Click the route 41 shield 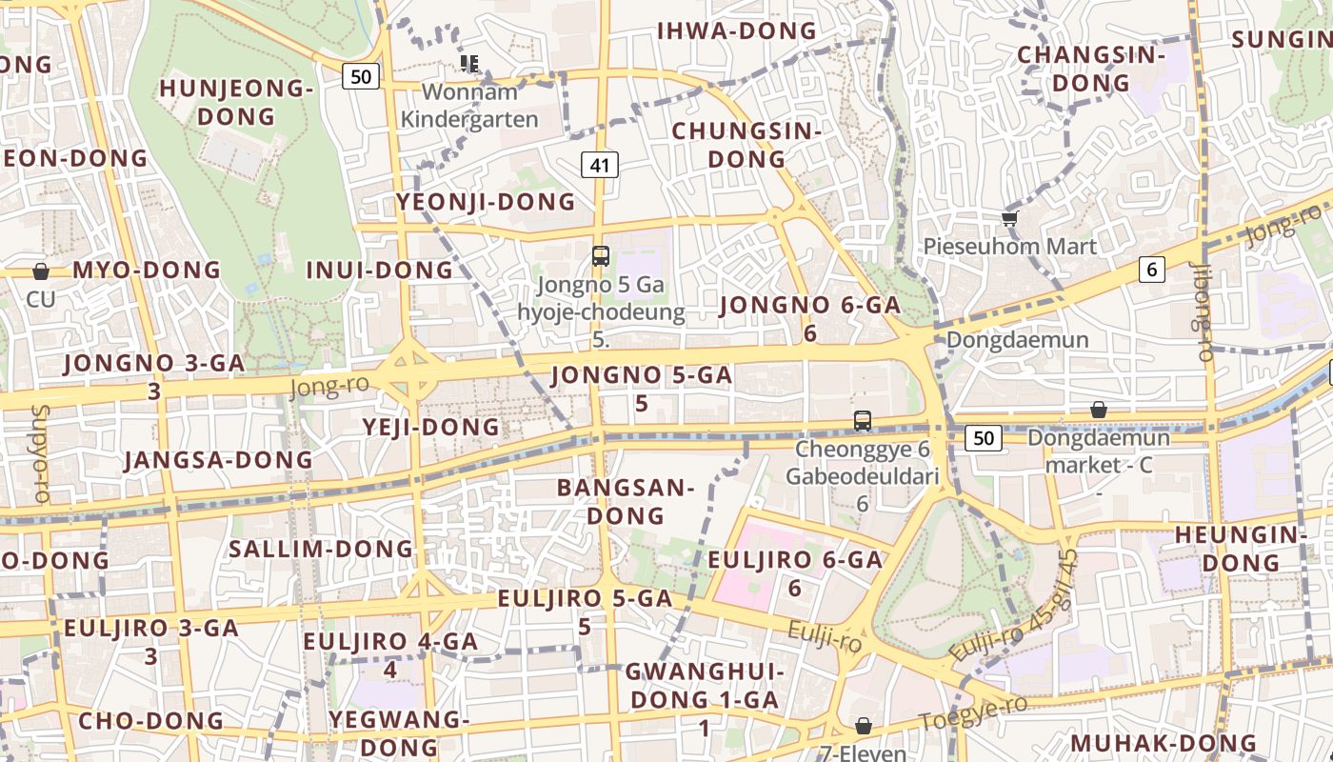(600, 165)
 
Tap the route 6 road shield (1152, 270)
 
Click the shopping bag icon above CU (40, 271)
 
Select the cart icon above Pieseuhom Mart (1010, 218)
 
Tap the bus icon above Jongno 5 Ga (600, 255)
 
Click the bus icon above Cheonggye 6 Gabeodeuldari (862, 420)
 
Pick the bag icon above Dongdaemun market (1098, 410)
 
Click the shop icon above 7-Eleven (863, 727)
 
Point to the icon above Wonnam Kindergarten (468, 63)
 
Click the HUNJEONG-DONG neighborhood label (236, 103)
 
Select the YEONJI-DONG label (486, 202)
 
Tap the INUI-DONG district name (379, 271)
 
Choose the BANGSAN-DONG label (626, 502)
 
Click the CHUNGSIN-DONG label (746, 145)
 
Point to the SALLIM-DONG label (321, 550)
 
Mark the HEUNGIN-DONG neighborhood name (1241, 549)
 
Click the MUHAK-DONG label (1163, 743)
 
